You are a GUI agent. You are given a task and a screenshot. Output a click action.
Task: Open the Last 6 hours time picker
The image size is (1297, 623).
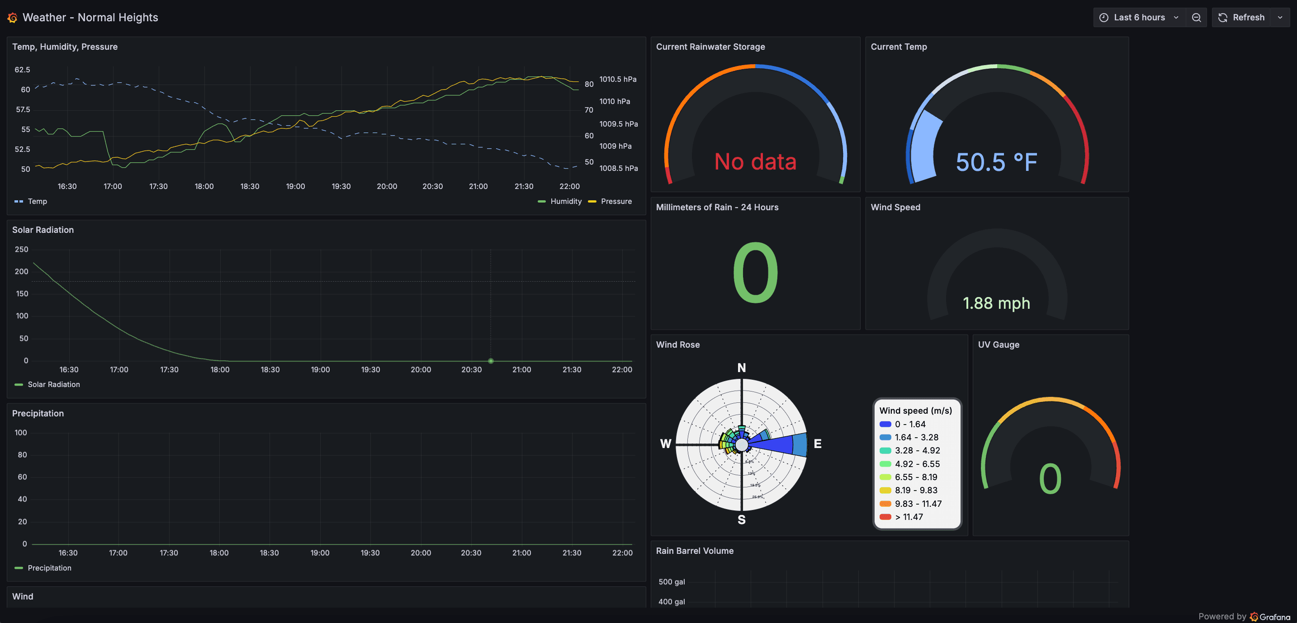[1139, 18]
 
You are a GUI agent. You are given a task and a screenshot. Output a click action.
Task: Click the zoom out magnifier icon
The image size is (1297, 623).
[1196, 18]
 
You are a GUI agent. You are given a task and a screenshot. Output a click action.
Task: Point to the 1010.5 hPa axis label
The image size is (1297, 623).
[618, 80]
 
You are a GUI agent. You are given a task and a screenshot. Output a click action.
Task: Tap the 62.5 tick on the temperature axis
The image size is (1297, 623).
[22, 70]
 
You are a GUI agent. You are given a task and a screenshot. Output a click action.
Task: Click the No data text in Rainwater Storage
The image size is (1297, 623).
[755, 162]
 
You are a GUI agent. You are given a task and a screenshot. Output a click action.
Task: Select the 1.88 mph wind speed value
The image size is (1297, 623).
[996, 303]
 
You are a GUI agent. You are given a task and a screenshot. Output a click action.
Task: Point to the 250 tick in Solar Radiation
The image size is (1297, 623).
[22, 250]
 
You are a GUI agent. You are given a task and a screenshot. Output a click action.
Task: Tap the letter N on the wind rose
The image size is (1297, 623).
[742, 368]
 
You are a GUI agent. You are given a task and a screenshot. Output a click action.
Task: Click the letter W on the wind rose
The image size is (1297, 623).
[666, 444]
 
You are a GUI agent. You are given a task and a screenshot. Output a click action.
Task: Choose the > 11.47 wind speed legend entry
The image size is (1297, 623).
[909, 517]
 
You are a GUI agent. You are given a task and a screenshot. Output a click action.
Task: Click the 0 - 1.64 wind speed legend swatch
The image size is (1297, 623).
[885, 424]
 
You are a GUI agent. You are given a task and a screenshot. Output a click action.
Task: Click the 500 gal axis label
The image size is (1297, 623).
[672, 582]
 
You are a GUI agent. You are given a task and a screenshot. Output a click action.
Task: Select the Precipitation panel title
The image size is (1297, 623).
[38, 413]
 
